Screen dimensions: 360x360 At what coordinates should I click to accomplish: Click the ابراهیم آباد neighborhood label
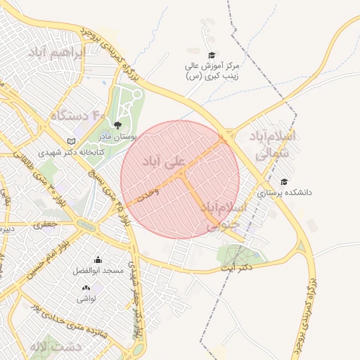pyautogui.click(x=56, y=53)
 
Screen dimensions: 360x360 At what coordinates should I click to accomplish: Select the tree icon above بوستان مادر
pyautogui.click(x=117, y=124)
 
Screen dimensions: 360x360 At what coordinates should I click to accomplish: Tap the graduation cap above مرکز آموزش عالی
pyautogui.click(x=211, y=55)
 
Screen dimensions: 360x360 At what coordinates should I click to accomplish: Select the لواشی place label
pyautogui.click(x=86, y=298)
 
